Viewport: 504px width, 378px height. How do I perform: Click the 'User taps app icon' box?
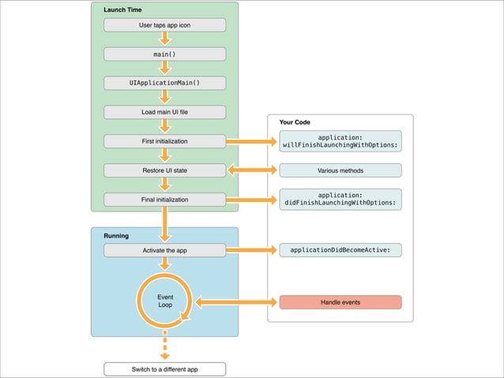[x=165, y=25]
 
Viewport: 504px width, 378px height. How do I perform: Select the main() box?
[x=165, y=54]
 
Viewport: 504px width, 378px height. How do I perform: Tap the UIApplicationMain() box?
[x=165, y=83]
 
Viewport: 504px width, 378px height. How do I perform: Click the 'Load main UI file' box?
[x=165, y=112]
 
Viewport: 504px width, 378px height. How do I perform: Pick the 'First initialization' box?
[x=165, y=141]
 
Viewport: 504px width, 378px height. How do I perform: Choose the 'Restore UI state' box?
[x=165, y=170]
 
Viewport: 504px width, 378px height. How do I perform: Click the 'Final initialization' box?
[x=165, y=200]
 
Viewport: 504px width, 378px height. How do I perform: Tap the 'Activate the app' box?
[x=165, y=250]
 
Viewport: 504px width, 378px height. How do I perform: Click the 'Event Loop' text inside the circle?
[x=165, y=301]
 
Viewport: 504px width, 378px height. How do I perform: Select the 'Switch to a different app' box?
[x=165, y=369]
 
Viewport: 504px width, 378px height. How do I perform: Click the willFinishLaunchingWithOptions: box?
[x=340, y=140]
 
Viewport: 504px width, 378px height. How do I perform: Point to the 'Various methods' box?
[x=340, y=170]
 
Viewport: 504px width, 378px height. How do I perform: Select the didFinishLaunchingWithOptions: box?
[x=340, y=199]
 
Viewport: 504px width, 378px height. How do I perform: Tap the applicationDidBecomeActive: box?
[x=340, y=250]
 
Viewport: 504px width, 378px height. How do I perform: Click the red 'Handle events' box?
[x=340, y=302]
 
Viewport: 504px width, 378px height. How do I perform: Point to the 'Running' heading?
[x=117, y=235]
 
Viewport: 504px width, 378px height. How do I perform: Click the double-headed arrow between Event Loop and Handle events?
[x=235, y=302]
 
